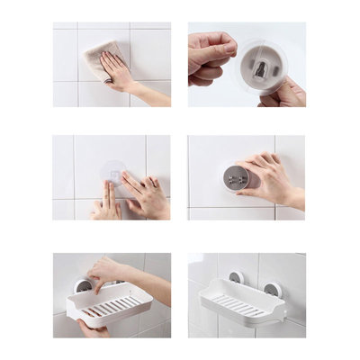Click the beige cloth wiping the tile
tap(98, 56)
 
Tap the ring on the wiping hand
tap(108, 79)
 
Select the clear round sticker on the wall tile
tap(113, 172)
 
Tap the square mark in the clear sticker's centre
tap(113, 171)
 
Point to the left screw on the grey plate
tap(230, 178)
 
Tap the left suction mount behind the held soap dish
tap(81, 286)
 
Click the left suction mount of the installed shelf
tap(236, 278)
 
